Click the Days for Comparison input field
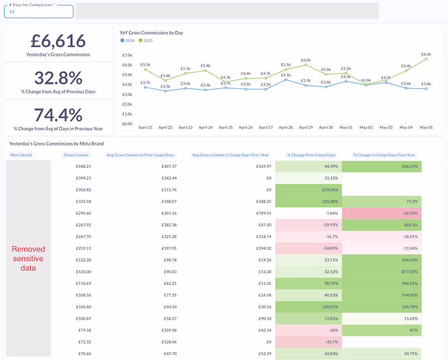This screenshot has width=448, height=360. tap(39, 12)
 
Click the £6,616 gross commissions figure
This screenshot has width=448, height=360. tap(58, 41)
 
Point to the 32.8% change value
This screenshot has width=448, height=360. tap(58, 78)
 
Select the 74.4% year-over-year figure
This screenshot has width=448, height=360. tap(58, 115)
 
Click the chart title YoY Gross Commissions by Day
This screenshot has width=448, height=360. tap(151, 33)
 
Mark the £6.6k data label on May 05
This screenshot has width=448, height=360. tap(426, 54)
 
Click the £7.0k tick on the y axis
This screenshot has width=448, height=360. tap(127, 55)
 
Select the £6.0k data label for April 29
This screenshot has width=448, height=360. tap(306, 60)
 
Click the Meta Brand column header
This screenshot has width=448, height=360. tap(21, 155)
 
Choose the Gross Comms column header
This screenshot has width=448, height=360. tap(76, 155)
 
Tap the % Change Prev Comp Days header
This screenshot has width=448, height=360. tap(311, 155)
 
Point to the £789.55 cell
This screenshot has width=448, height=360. tap(263, 213)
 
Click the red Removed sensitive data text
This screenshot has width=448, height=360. tap(28, 259)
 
